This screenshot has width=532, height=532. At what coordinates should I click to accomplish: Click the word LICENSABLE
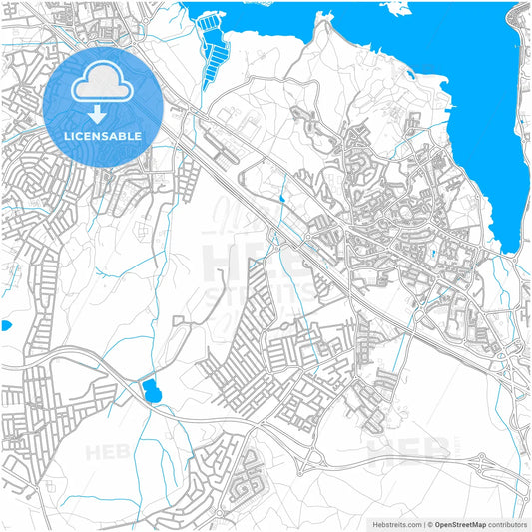[x=103, y=135]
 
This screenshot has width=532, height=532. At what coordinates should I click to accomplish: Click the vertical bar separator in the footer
[x=424, y=524]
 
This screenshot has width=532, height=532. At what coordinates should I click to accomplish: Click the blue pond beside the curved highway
[x=152, y=391]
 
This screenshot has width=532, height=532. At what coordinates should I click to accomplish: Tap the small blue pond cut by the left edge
[x=5, y=325]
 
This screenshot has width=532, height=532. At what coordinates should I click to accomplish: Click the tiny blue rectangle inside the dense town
[x=434, y=256]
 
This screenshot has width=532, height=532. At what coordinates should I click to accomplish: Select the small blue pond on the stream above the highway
[x=282, y=200]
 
